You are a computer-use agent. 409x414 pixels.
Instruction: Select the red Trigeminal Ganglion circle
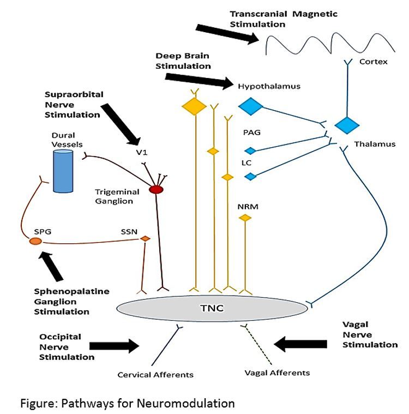[x=157, y=189]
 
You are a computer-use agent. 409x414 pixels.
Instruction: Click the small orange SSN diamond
[x=145, y=239]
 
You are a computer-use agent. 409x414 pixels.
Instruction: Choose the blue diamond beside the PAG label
[x=250, y=151]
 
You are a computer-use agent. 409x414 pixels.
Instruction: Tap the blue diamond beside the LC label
[x=250, y=176]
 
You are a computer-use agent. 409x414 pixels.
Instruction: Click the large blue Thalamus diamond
[x=347, y=124]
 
